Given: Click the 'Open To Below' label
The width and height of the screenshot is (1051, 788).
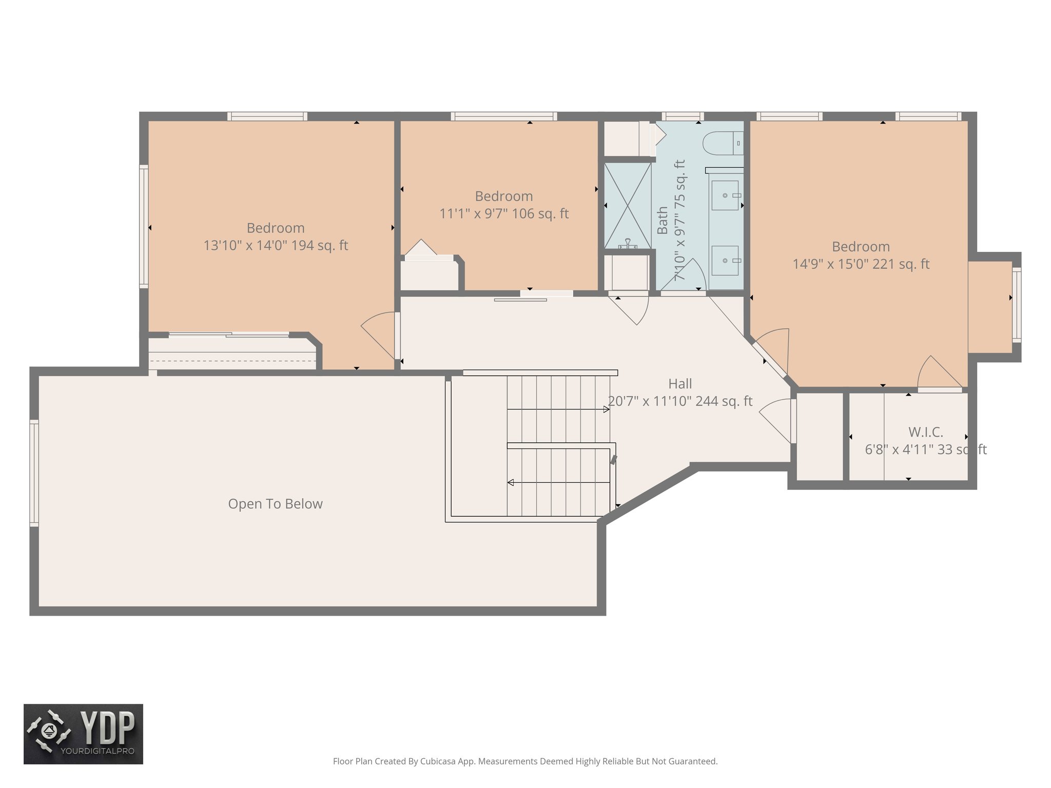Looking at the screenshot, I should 275,504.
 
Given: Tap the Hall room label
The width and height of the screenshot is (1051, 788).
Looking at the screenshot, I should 680,384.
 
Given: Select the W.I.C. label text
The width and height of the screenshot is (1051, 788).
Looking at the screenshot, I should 925,432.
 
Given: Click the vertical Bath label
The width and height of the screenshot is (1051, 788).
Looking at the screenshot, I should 663,221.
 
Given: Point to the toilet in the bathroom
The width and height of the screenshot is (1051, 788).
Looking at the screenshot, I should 722,143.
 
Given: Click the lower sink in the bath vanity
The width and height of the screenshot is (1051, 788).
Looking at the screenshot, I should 725,261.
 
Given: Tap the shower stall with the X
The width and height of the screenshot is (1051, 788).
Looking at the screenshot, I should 627,205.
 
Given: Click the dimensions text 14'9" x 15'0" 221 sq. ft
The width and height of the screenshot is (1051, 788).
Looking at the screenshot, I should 861,264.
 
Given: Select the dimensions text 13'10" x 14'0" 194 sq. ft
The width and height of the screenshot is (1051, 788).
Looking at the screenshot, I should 276,246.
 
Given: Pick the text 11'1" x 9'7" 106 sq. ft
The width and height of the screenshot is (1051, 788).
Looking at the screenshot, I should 503,214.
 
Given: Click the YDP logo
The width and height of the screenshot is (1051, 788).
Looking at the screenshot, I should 83,734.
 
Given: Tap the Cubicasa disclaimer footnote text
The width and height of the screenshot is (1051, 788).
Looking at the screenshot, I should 525,761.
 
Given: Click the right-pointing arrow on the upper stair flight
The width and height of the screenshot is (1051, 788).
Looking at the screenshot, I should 606,409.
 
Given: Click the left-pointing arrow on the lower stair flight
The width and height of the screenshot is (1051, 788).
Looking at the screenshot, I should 511,482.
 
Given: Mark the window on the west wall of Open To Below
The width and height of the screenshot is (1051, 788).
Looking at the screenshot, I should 34,472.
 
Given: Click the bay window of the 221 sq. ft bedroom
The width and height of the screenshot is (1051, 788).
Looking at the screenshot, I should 1016,305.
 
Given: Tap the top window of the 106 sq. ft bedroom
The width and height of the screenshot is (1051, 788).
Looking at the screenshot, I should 503,116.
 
